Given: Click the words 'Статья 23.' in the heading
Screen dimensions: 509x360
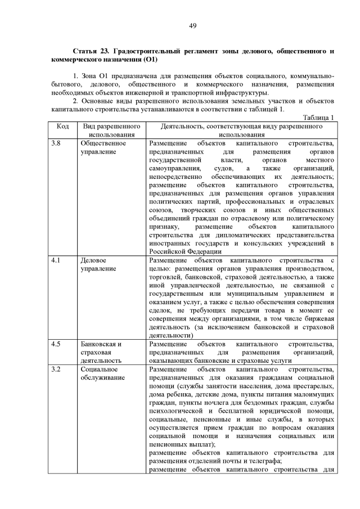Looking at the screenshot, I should (x=89, y=51).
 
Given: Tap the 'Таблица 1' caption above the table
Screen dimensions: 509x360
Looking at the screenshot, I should (x=319, y=117).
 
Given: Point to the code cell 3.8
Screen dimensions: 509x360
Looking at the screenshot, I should (x=56, y=143).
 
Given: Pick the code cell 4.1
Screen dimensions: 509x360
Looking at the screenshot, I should (x=56, y=261).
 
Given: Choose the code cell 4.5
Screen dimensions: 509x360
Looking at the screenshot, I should (x=56, y=343).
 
